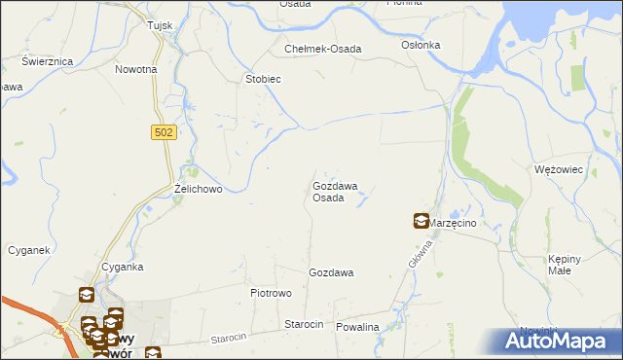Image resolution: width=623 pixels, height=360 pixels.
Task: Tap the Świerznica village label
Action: (49, 60)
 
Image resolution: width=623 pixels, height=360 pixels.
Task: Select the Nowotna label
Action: (135, 70)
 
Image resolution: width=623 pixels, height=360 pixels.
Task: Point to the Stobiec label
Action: (263, 79)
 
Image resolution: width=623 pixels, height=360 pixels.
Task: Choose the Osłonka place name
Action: (421, 45)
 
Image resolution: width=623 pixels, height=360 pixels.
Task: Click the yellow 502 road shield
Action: (165, 131)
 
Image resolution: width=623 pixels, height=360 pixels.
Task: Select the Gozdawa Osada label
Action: (334, 192)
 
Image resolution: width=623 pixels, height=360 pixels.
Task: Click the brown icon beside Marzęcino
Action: (421, 222)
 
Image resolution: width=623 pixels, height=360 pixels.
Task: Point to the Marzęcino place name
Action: (455, 223)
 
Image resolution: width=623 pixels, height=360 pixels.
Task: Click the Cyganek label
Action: (28, 250)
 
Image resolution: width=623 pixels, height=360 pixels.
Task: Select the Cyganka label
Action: (123, 267)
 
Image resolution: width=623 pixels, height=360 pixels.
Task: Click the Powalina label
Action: (357, 328)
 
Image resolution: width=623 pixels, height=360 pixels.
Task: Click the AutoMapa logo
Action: (559, 341)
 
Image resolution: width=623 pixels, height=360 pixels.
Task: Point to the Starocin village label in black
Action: (303, 324)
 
